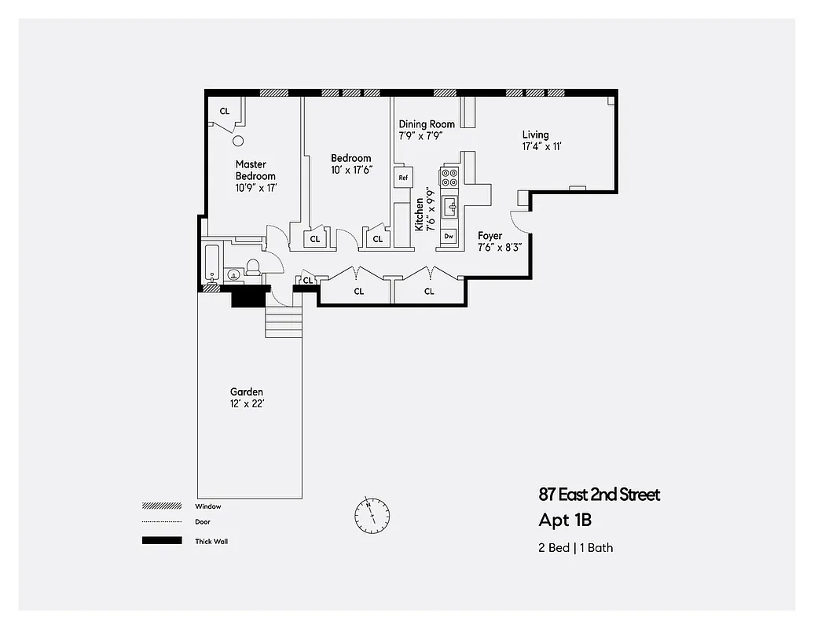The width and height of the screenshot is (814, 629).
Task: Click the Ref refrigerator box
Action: [403, 178]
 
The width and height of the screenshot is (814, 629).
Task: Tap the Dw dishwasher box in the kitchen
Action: [449, 236]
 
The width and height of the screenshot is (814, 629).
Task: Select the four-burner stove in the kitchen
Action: [449, 178]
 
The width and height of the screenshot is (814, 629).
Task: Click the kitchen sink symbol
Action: [449, 208]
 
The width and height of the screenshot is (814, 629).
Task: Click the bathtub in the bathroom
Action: [212, 264]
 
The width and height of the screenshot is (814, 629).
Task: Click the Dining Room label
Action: [427, 124]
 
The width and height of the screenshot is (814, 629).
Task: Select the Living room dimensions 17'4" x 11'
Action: [541, 146]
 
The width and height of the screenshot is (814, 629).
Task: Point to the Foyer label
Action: [489, 236]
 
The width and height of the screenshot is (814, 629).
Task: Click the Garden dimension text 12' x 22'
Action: [247, 403]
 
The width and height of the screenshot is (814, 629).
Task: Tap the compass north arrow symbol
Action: [371, 514]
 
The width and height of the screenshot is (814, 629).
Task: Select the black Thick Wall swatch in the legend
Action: [157, 541]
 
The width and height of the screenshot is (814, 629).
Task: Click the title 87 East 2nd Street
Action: [599, 495]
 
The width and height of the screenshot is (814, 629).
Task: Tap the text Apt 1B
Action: [564, 520]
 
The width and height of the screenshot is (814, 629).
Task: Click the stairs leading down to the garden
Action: [284, 322]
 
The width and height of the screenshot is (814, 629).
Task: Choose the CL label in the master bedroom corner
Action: [225, 112]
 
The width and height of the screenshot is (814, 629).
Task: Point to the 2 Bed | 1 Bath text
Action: [575, 547]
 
